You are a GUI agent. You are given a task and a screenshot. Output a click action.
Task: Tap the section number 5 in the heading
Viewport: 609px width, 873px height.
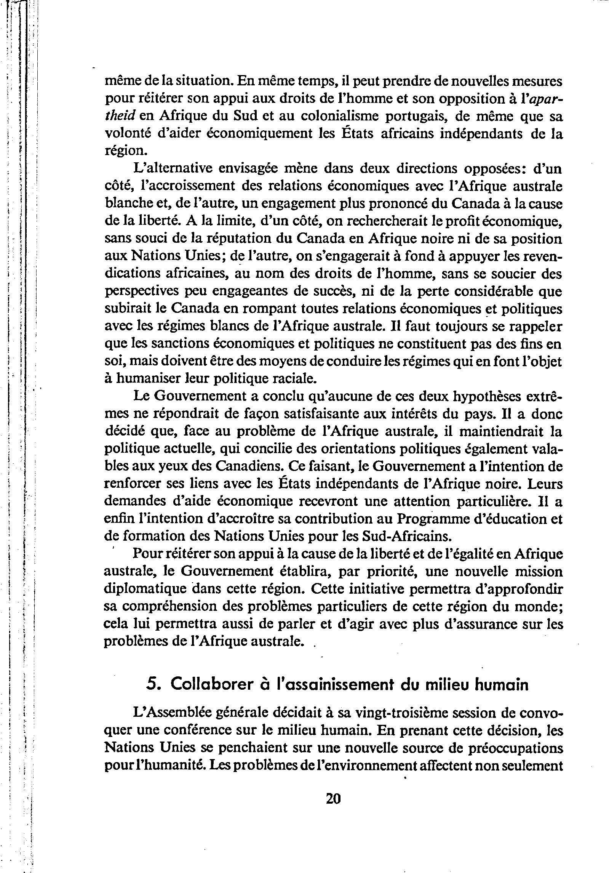152,685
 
